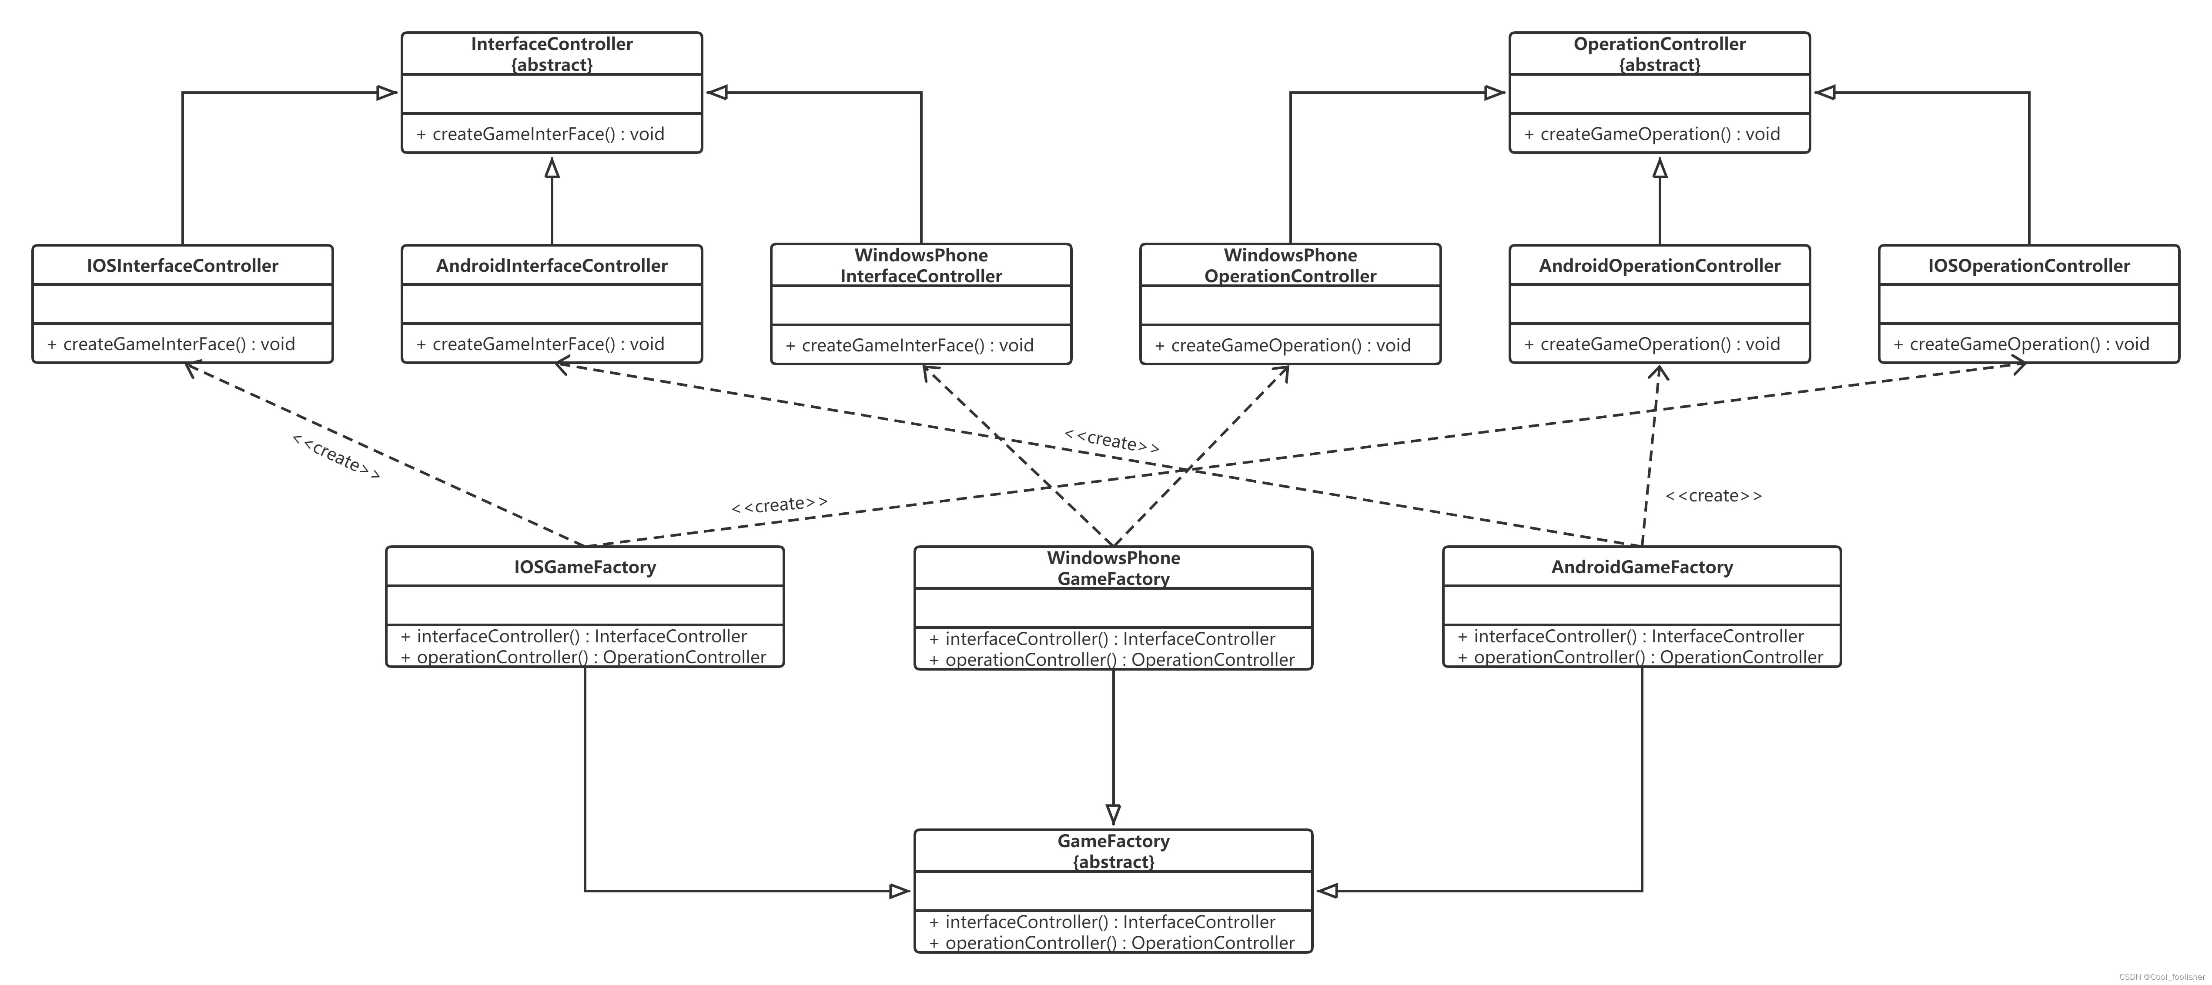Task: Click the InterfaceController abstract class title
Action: (551, 53)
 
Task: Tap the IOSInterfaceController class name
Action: (182, 265)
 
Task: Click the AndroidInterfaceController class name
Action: (551, 265)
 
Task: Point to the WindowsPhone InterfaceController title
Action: (920, 265)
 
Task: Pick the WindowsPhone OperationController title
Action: (1290, 265)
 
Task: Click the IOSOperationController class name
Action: (2028, 265)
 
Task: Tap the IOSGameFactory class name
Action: (585, 567)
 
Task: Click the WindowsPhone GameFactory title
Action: (1113, 568)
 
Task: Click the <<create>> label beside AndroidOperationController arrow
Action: (1713, 495)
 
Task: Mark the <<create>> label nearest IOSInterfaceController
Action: (336, 456)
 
